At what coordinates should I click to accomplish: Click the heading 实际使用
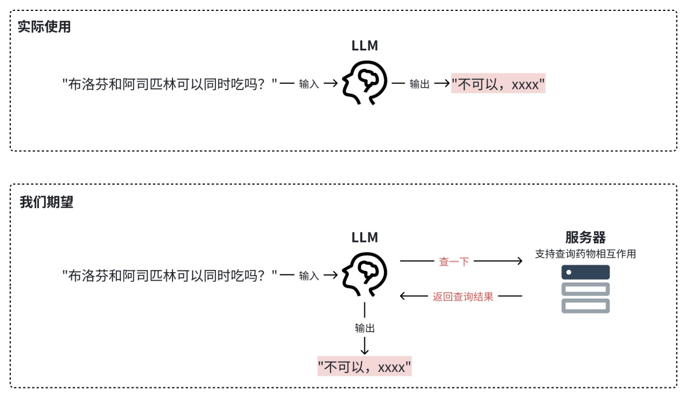click(44, 27)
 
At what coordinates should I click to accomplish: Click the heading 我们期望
click(46, 202)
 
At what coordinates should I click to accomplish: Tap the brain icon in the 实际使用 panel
click(364, 83)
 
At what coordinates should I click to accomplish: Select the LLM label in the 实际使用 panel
click(364, 46)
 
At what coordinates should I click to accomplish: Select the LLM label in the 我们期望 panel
click(364, 237)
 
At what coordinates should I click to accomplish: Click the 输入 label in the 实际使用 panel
click(309, 84)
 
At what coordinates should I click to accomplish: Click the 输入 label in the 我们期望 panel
click(309, 276)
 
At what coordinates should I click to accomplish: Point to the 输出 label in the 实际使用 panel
click(419, 84)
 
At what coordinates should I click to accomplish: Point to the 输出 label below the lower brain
click(365, 328)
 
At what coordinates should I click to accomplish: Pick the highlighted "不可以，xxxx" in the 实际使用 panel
click(497, 84)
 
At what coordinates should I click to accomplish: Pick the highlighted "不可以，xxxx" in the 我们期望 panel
click(364, 367)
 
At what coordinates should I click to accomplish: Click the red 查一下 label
click(454, 261)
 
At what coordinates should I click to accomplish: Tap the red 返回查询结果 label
click(462, 297)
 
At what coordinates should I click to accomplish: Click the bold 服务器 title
click(585, 237)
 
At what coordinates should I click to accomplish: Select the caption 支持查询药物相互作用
click(585, 254)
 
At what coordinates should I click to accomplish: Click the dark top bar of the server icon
click(585, 272)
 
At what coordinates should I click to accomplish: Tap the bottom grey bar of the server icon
click(585, 306)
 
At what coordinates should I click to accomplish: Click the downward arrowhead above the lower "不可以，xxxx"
click(365, 350)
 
